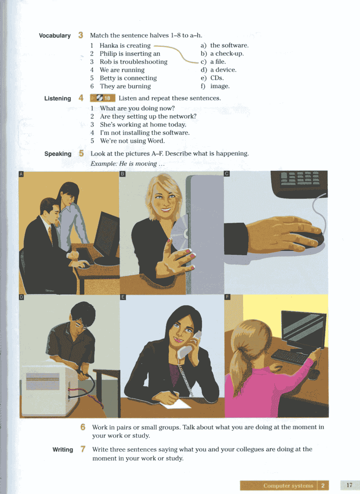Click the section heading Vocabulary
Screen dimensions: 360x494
point(55,36)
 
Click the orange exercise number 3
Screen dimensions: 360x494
point(81,35)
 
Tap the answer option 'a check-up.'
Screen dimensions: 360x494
point(227,54)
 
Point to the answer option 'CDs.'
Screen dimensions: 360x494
point(217,78)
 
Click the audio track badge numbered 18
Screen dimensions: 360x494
point(103,98)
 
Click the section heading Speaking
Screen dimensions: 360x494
point(58,154)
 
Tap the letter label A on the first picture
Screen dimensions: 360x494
point(21,174)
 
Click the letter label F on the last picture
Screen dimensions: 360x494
point(227,297)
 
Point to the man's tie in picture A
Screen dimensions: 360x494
point(51,236)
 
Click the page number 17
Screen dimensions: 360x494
point(349,485)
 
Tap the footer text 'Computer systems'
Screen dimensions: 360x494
point(288,486)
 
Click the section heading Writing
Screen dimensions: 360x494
point(63,450)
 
